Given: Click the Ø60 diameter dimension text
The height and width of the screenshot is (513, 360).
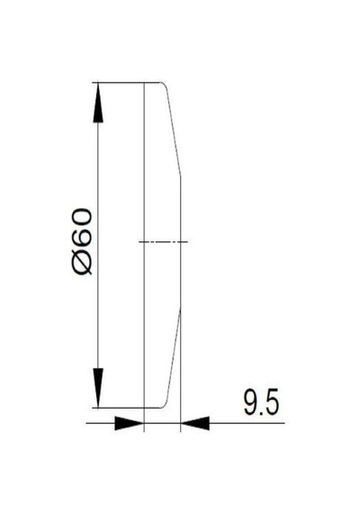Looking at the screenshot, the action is coord(82,241).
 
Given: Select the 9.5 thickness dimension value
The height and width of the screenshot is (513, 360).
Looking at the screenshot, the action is coord(262,402).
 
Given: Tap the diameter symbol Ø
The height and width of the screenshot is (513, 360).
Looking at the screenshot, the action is coord(82,264).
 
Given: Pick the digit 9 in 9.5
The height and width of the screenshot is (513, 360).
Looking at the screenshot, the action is coord(251,402).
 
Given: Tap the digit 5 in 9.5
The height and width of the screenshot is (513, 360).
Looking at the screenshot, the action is coord(273,402).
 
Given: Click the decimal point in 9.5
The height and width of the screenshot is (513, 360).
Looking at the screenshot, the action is coord(262,413).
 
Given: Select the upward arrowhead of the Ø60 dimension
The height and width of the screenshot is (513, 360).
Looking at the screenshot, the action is coord(98,103).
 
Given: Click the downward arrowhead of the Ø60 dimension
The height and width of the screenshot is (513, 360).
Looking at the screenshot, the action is coord(98,388).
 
